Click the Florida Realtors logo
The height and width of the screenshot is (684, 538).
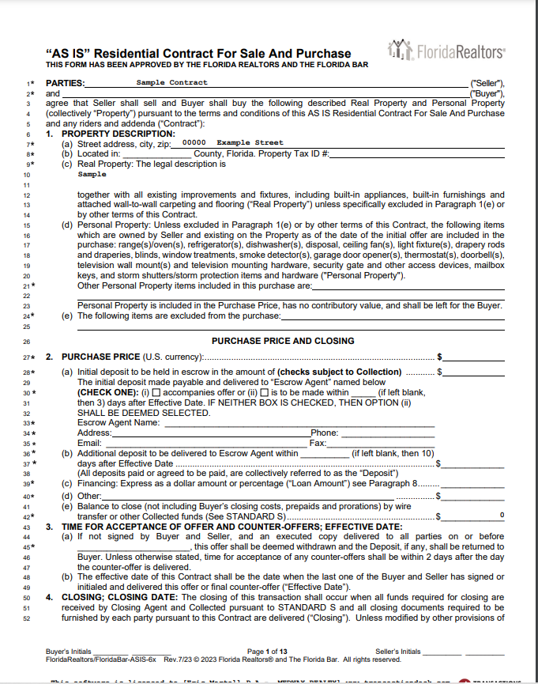(x=446, y=51)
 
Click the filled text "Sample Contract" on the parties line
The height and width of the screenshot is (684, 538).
(x=171, y=82)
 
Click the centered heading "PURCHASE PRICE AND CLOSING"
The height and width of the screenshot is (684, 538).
(x=283, y=341)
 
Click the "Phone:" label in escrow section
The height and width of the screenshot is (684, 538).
(x=325, y=433)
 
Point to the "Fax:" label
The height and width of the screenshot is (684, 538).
(x=318, y=443)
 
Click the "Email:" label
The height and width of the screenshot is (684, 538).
(x=89, y=443)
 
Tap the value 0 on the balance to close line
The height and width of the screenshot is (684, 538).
(x=502, y=516)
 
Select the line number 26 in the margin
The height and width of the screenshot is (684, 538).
(x=29, y=342)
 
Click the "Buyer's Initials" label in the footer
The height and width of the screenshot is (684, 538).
(x=68, y=651)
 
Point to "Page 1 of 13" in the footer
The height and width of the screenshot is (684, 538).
(x=269, y=651)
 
